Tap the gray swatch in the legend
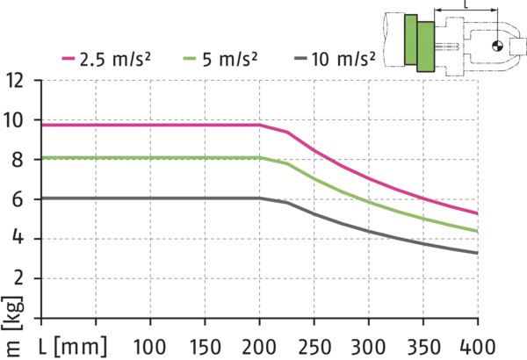299,60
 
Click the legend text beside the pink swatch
113,60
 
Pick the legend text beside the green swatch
228,60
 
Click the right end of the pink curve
476,212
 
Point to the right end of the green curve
476,230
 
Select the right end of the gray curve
476,253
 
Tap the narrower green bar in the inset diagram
410,40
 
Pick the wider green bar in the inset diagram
425,47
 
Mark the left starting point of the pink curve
44,125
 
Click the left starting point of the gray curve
44,198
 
